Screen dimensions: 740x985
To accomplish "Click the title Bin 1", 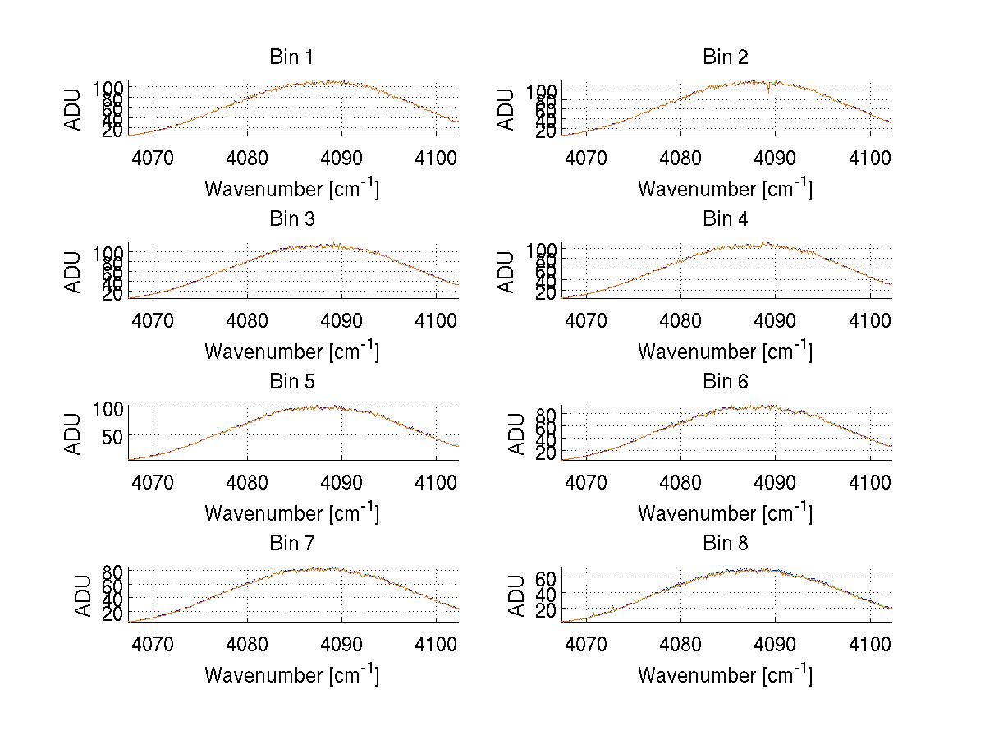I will [x=291, y=57].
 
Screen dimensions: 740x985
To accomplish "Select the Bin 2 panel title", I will [x=725, y=57].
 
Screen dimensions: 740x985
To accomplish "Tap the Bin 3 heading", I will [x=291, y=219].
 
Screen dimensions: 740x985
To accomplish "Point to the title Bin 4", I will [x=725, y=219].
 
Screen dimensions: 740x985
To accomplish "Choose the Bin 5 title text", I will [x=291, y=381].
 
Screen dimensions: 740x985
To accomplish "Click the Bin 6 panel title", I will [x=725, y=381].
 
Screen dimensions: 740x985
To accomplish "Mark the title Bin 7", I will [x=291, y=543].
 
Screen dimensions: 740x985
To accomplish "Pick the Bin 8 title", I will [x=725, y=543].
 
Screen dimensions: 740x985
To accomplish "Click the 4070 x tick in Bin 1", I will [x=153, y=158].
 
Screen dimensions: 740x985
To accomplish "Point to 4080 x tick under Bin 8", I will [x=680, y=643].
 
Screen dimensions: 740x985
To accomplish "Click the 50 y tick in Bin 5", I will [x=112, y=435].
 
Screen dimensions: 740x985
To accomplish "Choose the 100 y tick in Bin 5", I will [x=107, y=408].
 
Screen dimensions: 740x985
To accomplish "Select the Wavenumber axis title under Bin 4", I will [x=725, y=351].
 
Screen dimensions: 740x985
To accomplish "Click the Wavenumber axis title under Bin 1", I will [x=291, y=189].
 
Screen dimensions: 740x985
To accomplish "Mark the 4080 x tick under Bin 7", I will [x=247, y=643].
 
